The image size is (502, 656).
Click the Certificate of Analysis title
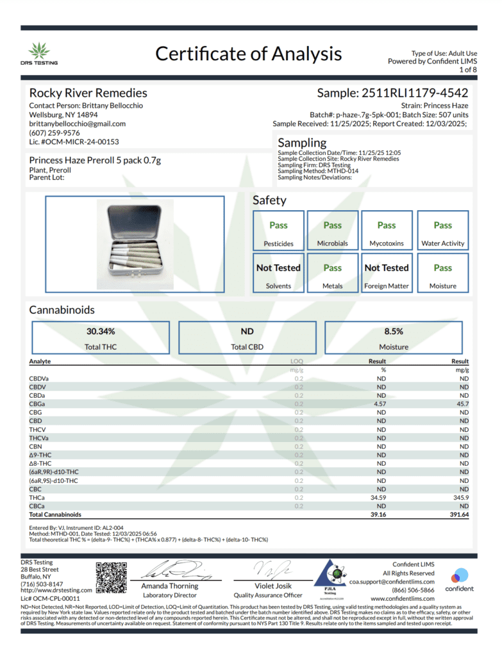coord(248,53)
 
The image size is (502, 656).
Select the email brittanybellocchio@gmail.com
coord(78,124)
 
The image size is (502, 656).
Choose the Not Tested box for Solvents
coord(278,273)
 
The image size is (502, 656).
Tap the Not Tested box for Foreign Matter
coord(387,273)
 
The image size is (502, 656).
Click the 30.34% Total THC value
coord(101,331)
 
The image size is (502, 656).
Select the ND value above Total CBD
coord(247,331)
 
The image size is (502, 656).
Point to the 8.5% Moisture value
coord(394,331)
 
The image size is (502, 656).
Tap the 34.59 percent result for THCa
coord(380,497)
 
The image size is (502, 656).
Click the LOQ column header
coord(297,361)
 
